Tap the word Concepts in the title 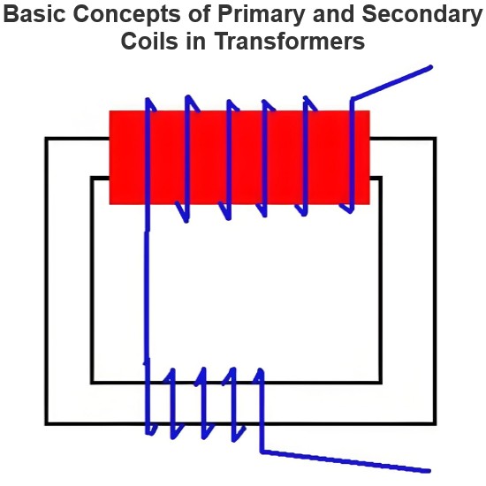(x=126, y=15)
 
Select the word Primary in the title (x=261, y=15)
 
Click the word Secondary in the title (x=421, y=15)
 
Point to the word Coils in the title (x=149, y=41)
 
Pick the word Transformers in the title (x=290, y=41)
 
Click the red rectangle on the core (x=239, y=157)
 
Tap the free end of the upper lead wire (x=430, y=67)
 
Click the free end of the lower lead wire (x=429, y=471)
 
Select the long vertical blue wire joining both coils (x=147, y=294)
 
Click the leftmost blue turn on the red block (x=148, y=161)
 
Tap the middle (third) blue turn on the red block (x=229, y=160)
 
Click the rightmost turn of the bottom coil (x=262, y=409)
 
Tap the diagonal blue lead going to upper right (x=391, y=83)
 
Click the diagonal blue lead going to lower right (x=346, y=461)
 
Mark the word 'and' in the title (x=333, y=13)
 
